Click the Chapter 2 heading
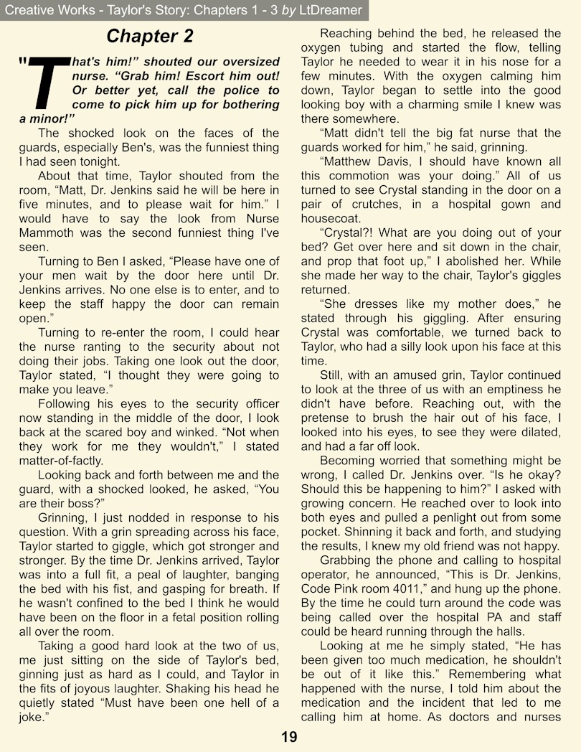[x=149, y=36]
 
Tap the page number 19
[x=290, y=737]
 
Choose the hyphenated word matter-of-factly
[x=61, y=461]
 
